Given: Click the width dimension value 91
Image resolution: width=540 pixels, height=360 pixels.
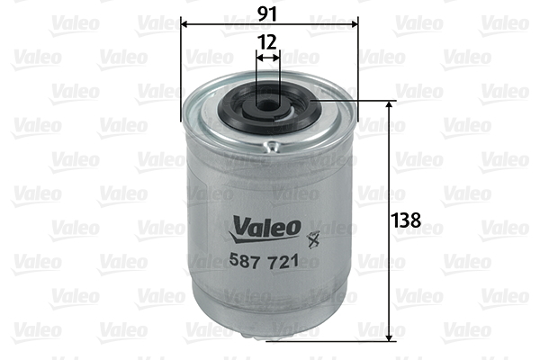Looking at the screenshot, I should point(270,13).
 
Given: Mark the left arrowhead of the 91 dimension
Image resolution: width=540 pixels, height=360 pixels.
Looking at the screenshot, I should point(184,25).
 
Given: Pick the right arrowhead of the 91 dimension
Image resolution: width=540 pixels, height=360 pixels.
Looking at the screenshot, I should point(355,25).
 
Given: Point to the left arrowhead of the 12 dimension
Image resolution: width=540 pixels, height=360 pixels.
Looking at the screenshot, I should point(260,57).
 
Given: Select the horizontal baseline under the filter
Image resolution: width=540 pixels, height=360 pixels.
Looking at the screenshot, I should point(333,341).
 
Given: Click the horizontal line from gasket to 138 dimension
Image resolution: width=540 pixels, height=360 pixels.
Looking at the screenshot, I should point(355,102).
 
